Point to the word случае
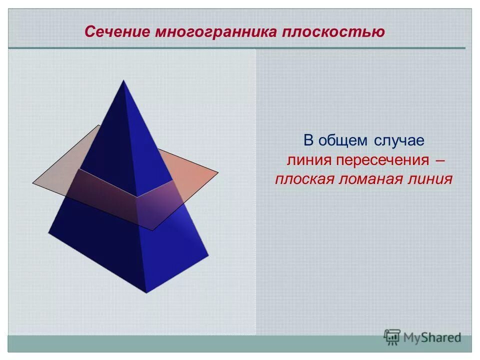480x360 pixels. (x=398, y=140)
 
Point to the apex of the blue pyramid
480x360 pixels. (x=123, y=80)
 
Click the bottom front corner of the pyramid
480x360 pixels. (x=146, y=292)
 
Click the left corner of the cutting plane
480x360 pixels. (x=33, y=183)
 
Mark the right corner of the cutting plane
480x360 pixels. (x=218, y=172)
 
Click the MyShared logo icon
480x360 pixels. (x=392, y=337)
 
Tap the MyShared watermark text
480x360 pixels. (x=432, y=338)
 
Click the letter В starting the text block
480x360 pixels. (x=308, y=140)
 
